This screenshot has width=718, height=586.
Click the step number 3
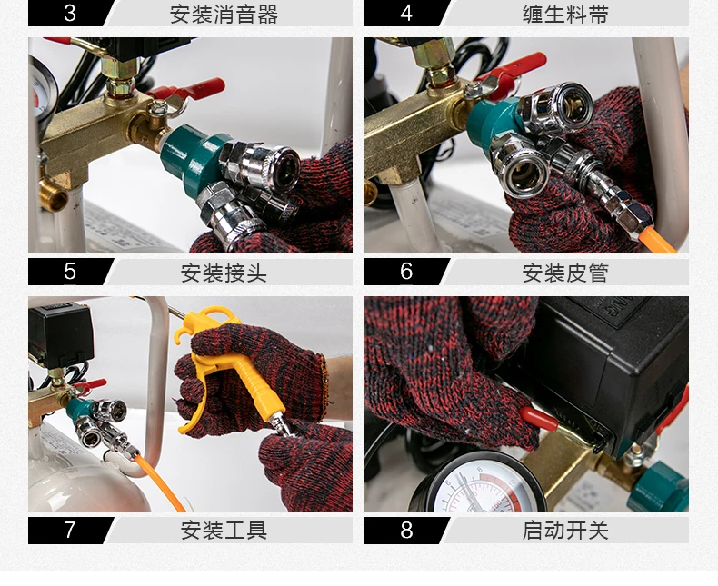pyautogui.click(x=70, y=13)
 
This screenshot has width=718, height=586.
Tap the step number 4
pyautogui.click(x=406, y=13)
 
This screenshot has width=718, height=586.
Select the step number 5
pyautogui.click(x=70, y=272)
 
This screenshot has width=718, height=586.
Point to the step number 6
pyautogui.click(x=406, y=272)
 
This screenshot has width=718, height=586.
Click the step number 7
pyautogui.click(x=70, y=531)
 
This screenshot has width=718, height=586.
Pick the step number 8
pyautogui.click(x=406, y=531)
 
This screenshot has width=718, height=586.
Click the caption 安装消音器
pyautogui.click(x=224, y=15)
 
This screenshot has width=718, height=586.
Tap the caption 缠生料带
pyautogui.click(x=565, y=15)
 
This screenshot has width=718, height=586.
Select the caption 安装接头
pyautogui.click(x=224, y=273)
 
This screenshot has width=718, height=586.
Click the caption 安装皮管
pyautogui.click(x=565, y=273)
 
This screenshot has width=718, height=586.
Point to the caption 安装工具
pyautogui.click(x=224, y=531)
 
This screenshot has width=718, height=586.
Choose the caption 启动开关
pyautogui.click(x=565, y=531)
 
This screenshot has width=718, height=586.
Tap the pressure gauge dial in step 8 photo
pyautogui.click(x=477, y=488)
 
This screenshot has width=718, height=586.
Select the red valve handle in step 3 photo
pyautogui.click(x=193, y=89)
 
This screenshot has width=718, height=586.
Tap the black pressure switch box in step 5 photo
pyautogui.click(x=61, y=333)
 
